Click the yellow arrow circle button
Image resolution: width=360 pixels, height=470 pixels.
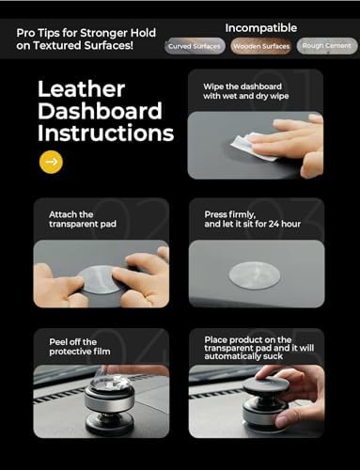51,162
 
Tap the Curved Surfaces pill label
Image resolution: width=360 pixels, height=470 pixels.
196,46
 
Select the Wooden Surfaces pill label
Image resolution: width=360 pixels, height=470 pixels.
261,46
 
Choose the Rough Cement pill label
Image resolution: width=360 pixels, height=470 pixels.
327,46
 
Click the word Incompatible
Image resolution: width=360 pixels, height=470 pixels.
261,27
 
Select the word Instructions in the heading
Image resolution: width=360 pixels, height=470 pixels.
105,133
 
